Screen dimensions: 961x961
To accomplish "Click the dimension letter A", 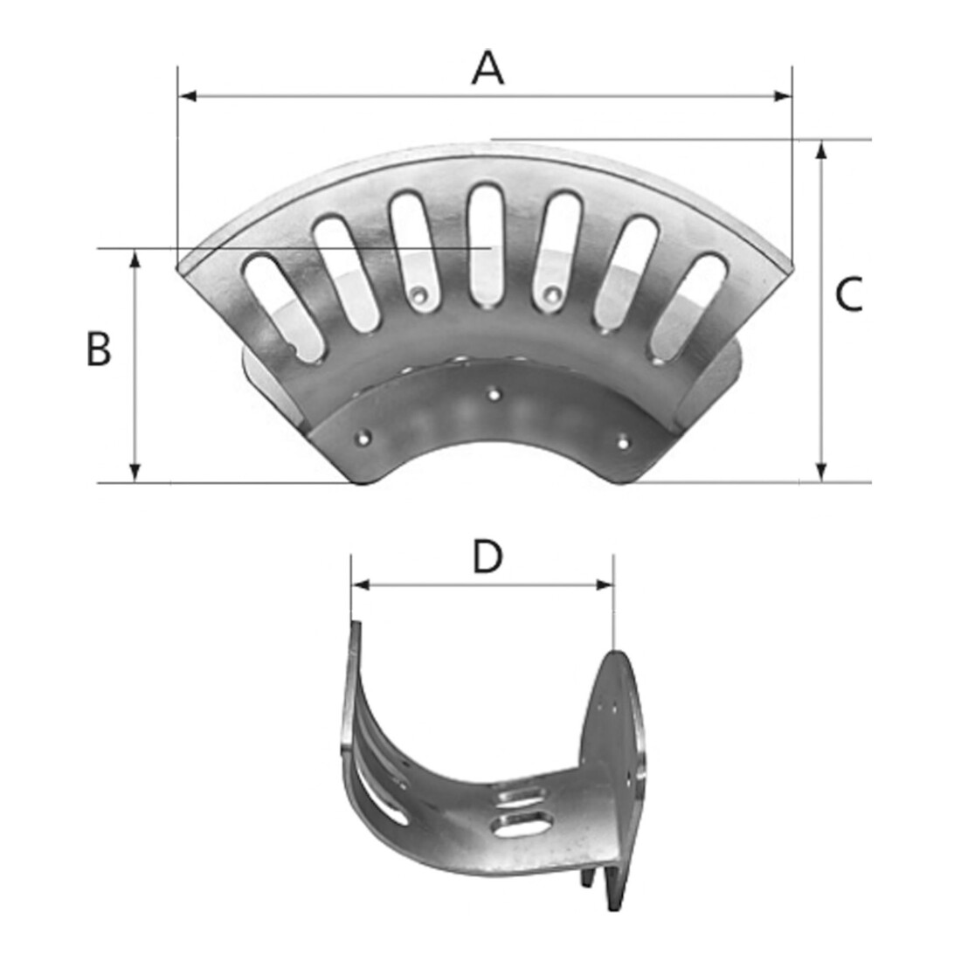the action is [x=487, y=68].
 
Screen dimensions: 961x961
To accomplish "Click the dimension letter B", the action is [x=99, y=349].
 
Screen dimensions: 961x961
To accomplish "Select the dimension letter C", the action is [x=849, y=294].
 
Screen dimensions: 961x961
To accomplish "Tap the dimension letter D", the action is [x=487, y=557].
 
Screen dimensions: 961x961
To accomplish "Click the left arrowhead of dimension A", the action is [x=186, y=95].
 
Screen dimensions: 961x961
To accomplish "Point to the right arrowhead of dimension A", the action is [x=784, y=95].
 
